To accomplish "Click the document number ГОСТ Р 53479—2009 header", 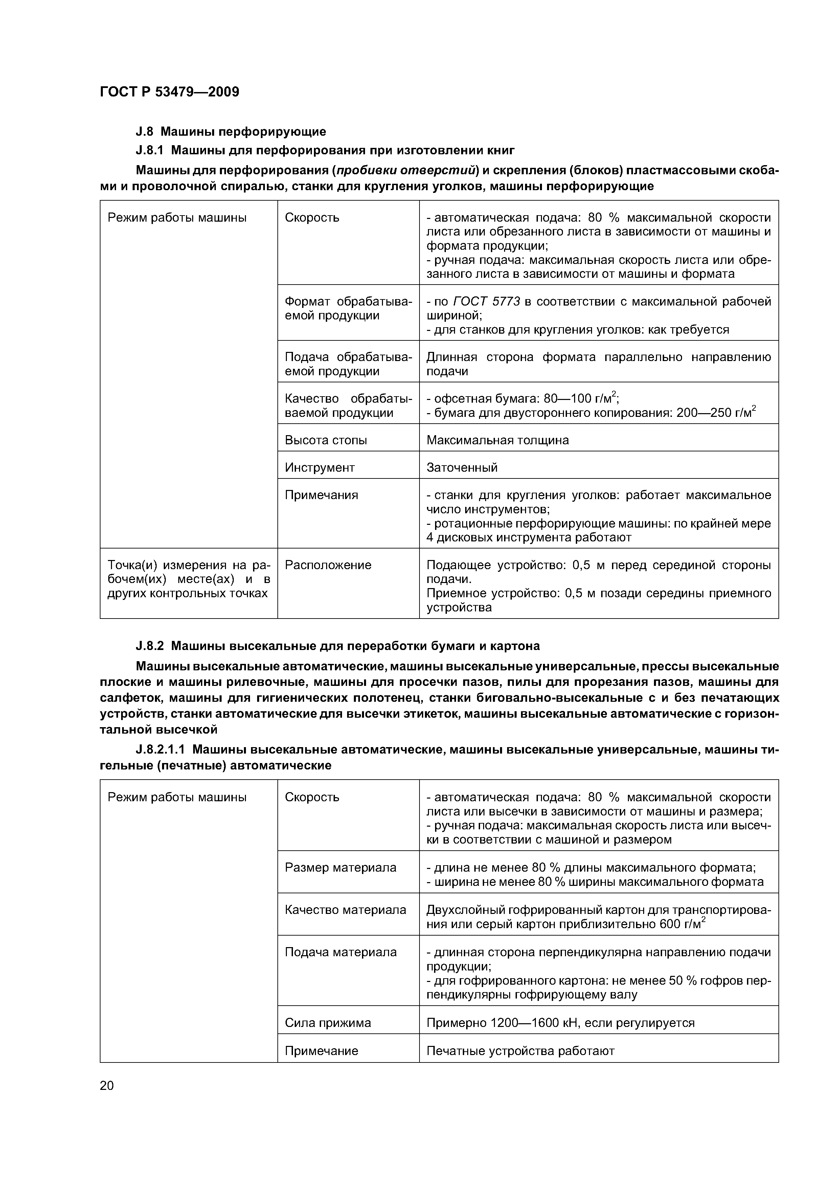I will coord(169,92).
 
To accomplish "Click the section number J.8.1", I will coord(150,151).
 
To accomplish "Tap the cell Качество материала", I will coord(345,910).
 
